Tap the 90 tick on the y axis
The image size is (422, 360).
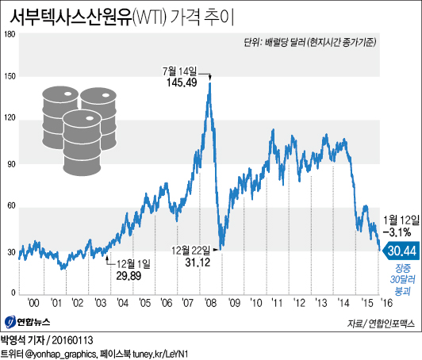11,163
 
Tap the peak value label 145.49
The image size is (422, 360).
182,82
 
